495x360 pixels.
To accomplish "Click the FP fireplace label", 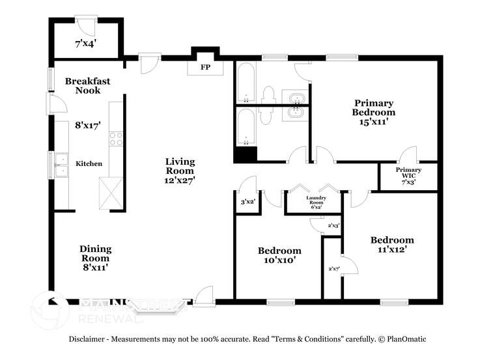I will pyautogui.click(x=205, y=67).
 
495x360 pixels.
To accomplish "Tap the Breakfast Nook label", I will pyautogui.click(x=87, y=86).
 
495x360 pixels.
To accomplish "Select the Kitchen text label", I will pyautogui.click(x=89, y=163).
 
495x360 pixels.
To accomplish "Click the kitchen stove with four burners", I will pyautogui.click(x=116, y=139).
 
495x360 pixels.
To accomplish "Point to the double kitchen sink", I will pyautogui.click(x=61, y=165).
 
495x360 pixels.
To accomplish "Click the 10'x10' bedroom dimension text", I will pyautogui.click(x=279, y=260).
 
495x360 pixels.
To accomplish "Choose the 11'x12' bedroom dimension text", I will pyautogui.click(x=391, y=249).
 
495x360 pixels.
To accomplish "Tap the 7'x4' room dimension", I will pyautogui.click(x=85, y=44).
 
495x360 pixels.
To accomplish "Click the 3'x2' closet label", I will pyautogui.click(x=247, y=202).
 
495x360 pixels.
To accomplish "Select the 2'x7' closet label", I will pyautogui.click(x=333, y=268).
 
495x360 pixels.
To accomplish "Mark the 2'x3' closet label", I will pyautogui.click(x=333, y=225).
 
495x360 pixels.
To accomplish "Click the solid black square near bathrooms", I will pyautogui.click(x=246, y=155).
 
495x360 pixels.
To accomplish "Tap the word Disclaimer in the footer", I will pyautogui.click(x=91, y=339).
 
